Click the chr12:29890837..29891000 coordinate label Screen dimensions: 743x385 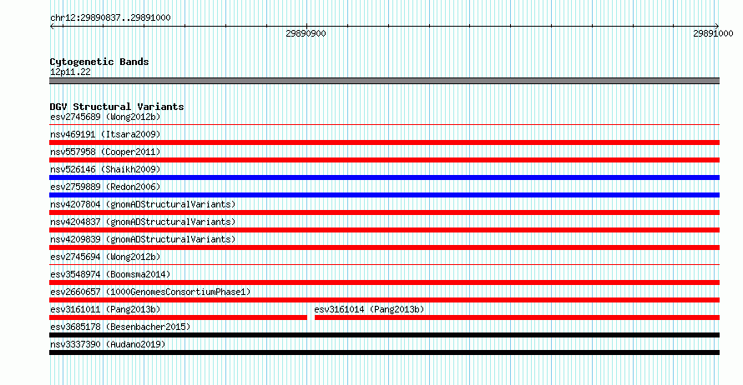tap(110, 18)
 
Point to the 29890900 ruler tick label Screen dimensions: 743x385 tap(306, 33)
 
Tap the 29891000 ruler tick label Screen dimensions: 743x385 tap(713, 33)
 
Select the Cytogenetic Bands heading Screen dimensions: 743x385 tap(99, 62)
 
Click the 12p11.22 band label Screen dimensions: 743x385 tap(70, 72)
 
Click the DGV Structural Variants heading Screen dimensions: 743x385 tap(117, 107)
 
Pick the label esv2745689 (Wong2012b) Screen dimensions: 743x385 tap(105, 117)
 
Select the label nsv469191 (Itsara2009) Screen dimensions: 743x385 tap(105, 134)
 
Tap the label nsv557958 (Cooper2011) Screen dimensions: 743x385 tap(105, 152)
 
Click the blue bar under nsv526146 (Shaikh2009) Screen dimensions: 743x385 tap(384, 177)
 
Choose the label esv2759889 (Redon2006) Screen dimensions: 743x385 tap(105, 187)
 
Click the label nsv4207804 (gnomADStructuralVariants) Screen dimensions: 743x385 tap(143, 204)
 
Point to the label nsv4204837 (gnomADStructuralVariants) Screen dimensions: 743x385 tap(143, 222)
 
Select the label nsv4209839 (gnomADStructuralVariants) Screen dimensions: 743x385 tap(143, 239)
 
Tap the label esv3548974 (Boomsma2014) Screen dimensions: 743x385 tap(110, 274)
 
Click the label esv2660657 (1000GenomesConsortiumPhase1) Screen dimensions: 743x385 tap(150, 292)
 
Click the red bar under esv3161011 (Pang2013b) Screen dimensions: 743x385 tap(178, 317)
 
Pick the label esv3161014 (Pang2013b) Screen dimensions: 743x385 tap(369, 309)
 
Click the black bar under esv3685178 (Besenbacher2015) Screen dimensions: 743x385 tap(384, 335)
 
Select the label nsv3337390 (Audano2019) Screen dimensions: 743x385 tap(108, 344)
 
